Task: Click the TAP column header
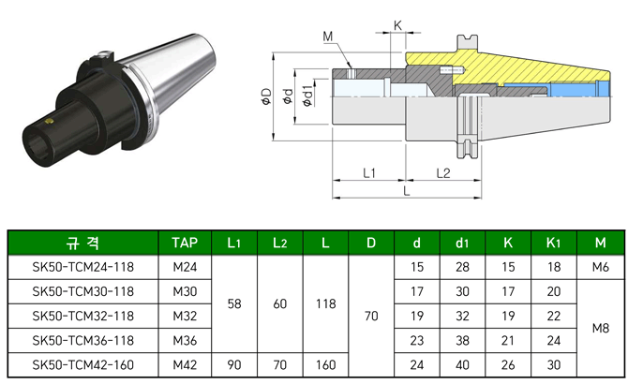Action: (185, 244)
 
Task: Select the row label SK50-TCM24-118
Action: (82, 267)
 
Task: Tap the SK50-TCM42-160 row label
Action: (82, 364)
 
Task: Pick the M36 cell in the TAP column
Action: (185, 340)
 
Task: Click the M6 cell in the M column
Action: (600, 267)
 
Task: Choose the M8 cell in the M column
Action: (600, 328)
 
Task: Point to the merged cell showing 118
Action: (324, 303)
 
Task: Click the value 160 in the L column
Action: (324, 364)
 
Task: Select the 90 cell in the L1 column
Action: (233, 364)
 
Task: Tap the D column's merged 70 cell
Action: (370, 316)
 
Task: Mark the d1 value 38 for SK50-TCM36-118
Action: (462, 340)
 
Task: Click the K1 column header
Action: (553, 244)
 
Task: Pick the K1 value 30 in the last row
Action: (553, 364)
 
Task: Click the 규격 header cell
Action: (82, 244)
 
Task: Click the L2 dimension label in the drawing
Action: (442, 173)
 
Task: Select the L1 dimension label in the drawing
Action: (368, 173)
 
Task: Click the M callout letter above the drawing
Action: (328, 37)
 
